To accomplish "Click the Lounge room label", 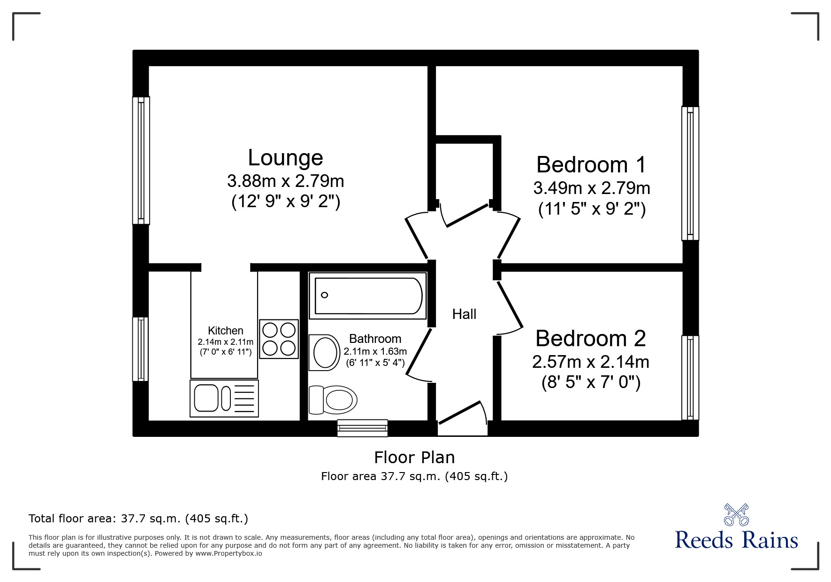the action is click(x=285, y=158).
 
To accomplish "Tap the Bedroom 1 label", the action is click(x=591, y=165).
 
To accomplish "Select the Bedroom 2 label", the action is click(x=591, y=338).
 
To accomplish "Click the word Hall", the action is click(x=464, y=314).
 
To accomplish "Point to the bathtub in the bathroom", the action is click(x=368, y=296).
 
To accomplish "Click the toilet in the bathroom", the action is click(x=333, y=400).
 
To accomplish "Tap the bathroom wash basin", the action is click(x=325, y=352).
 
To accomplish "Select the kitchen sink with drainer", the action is click(x=224, y=398).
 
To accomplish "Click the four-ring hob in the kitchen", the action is click(x=279, y=339).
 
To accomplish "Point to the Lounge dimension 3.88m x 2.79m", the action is click(x=285, y=181).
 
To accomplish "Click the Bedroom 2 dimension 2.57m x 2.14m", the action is click(x=591, y=362).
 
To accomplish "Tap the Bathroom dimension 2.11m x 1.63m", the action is click(x=375, y=351).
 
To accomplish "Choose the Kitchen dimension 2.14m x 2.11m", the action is click(x=226, y=342).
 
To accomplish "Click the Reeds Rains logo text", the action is click(x=736, y=540).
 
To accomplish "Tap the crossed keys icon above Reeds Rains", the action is click(x=736, y=514).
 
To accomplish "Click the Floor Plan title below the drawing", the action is click(x=414, y=458).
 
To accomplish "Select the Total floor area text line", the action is click(x=138, y=519).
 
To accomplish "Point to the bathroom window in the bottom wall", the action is click(x=362, y=428).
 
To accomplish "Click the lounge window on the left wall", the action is click(x=141, y=161).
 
